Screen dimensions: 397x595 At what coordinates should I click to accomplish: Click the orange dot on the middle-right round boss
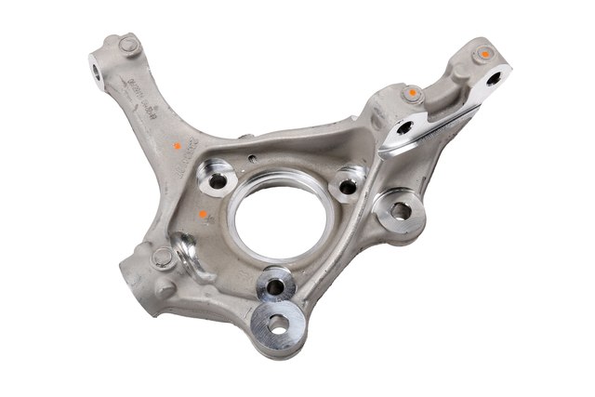[x=410, y=94]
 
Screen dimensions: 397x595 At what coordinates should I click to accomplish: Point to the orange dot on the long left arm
[x=172, y=146]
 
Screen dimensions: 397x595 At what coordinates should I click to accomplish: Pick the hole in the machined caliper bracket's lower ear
[x=406, y=132]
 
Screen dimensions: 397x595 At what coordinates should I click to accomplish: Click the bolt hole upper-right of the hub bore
[x=349, y=185]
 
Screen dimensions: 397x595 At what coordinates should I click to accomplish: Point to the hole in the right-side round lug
[x=400, y=210]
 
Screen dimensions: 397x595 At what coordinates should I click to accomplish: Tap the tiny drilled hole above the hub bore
[x=252, y=140]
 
